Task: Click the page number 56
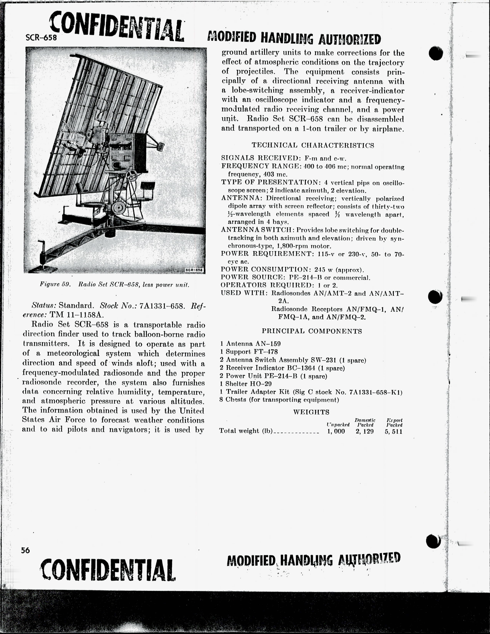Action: click(25, 550)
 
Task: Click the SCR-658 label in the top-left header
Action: click(41, 37)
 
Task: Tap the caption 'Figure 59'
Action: click(55, 285)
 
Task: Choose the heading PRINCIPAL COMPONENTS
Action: click(312, 331)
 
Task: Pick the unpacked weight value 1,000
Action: click(336, 431)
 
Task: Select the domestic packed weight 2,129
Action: click(365, 431)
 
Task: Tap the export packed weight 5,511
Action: click(394, 431)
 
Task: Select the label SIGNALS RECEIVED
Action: click(261, 158)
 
